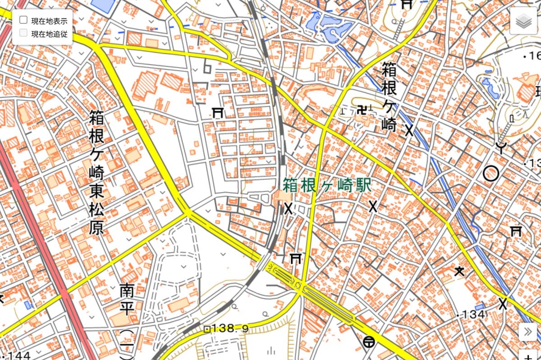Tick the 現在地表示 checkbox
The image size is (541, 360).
[x=23, y=20]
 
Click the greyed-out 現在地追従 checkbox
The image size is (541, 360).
[x=23, y=33]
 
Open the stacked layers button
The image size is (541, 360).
[x=523, y=21]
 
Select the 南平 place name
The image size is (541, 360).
[x=127, y=300]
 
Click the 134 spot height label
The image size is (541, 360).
[x=472, y=314]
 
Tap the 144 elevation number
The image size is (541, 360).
[x=16, y=355]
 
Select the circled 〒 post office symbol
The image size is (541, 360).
[x=368, y=342]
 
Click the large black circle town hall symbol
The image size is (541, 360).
[x=491, y=173]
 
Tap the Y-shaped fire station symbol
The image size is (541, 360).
[x=500, y=147]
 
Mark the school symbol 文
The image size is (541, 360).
[x=459, y=271]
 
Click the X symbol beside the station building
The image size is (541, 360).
[x=288, y=208]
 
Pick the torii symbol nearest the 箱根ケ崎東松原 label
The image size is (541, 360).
[x=219, y=113]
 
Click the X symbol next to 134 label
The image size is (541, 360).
[x=503, y=303]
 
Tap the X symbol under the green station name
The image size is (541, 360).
[x=373, y=207]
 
